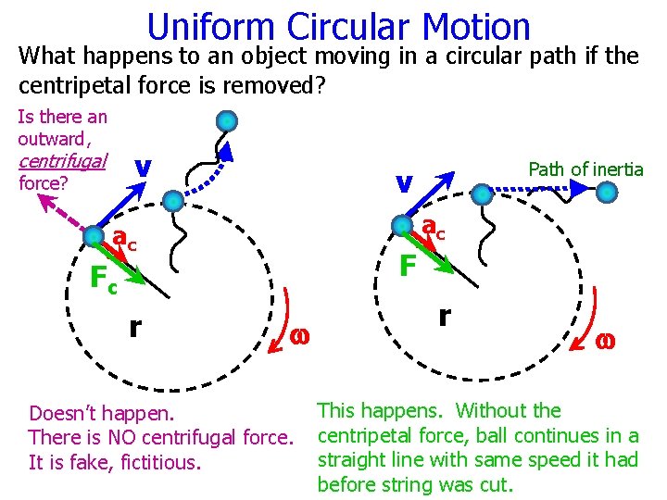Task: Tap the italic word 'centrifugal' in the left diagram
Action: [61, 160]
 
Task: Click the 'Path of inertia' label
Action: [585, 169]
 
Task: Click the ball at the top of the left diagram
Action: [227, 121]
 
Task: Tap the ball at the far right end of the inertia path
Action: [607, 192]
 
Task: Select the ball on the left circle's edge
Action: [94, 237]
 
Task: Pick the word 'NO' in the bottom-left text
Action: [130, 436]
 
